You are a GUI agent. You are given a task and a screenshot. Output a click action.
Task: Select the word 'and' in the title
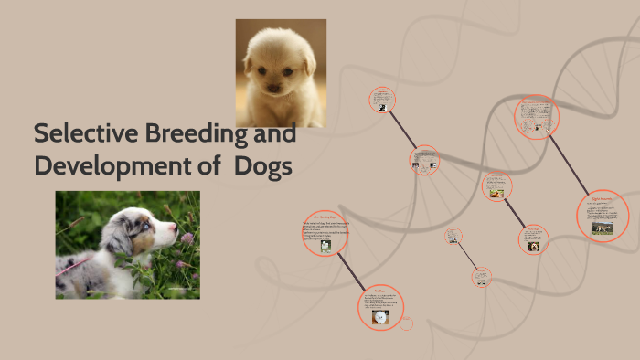[x=275, y=133]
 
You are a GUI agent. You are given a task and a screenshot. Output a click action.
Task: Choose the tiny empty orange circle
[x=408, y=323]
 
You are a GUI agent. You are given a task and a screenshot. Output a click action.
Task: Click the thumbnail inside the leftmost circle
[x=325, y=245]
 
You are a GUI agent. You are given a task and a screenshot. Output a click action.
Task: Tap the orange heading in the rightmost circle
[x=601, y=197]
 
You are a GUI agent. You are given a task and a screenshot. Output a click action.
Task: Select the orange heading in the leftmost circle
[x=325, y=217]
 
